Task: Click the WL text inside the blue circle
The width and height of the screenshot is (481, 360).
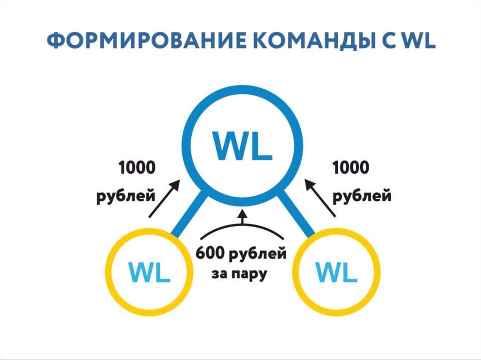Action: [242, 146]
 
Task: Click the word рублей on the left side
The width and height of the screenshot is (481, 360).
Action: [126, 195]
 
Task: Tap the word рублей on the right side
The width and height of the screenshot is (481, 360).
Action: [362, 195]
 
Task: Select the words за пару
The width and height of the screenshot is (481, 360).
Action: [239, 274]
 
